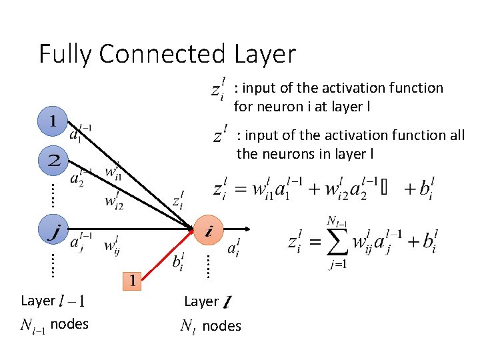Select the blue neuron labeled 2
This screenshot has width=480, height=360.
coord(54,160)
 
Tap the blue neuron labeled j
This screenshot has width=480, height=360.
coord(54,231)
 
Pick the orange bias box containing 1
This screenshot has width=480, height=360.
coord(133,280)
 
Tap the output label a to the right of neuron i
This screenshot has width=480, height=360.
coord(233,249)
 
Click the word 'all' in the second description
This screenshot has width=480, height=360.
coord(457,135)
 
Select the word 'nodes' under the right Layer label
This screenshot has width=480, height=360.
coord(221,326)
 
